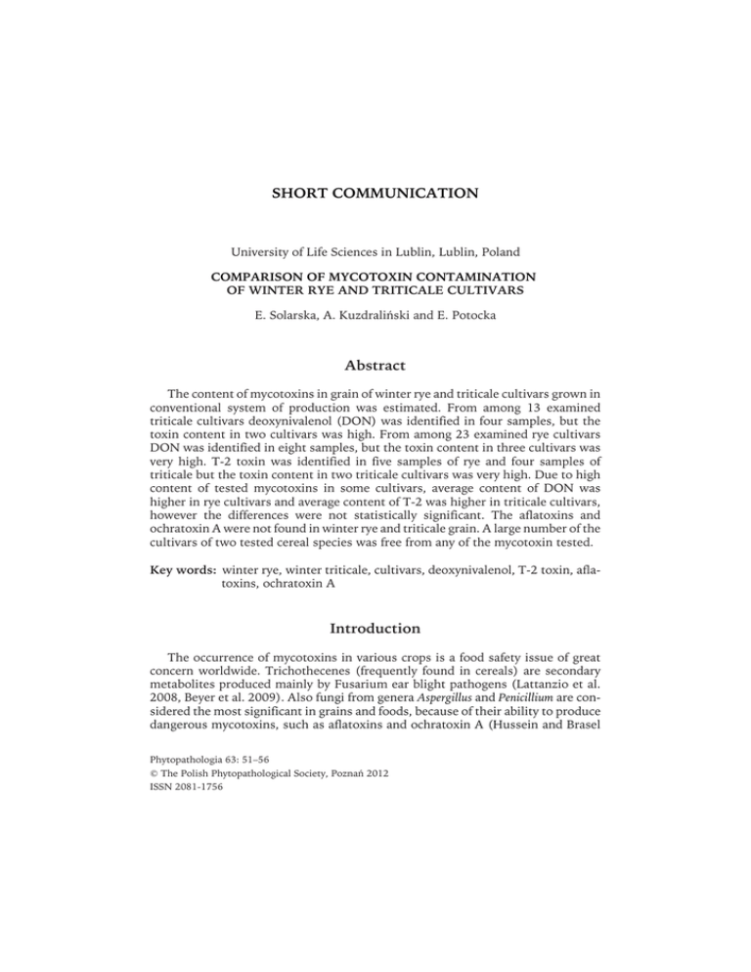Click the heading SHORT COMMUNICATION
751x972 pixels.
click(375, 194)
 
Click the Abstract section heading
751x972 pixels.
click(375, 365)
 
